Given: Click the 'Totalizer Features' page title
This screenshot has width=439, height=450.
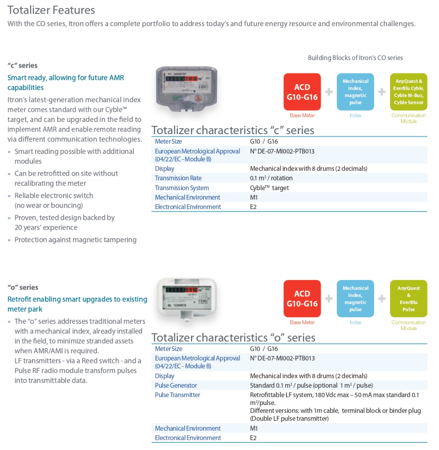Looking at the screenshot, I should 51,10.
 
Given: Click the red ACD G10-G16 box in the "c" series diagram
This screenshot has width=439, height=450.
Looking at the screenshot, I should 302,92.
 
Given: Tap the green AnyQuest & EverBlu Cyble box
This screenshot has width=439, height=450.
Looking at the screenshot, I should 408,92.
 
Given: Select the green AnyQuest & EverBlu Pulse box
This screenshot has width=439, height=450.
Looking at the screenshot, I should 408,299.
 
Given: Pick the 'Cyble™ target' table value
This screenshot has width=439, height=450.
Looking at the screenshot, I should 269,188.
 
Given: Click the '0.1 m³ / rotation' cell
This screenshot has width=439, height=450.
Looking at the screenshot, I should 271,178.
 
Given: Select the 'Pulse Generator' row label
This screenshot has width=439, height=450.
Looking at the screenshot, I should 176,385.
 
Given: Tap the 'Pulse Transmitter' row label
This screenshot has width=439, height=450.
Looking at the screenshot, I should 177,395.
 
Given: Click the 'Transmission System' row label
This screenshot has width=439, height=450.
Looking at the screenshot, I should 182,188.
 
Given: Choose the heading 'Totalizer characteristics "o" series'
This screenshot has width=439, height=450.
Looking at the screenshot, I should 233,337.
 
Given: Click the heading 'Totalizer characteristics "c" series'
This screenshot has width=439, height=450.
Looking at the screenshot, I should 233,130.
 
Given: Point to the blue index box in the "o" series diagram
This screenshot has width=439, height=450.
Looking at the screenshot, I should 355,299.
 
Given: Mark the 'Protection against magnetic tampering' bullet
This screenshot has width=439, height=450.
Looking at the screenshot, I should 75,240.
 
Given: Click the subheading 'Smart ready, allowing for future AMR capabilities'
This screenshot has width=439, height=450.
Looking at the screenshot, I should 66,82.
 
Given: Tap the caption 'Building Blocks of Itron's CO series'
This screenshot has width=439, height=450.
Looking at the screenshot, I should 355,58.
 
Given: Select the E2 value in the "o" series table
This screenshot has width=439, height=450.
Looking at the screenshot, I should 253,438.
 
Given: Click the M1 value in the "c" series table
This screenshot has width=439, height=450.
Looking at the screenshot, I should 254,197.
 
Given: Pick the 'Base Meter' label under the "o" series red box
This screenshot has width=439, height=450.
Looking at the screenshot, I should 302,323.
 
